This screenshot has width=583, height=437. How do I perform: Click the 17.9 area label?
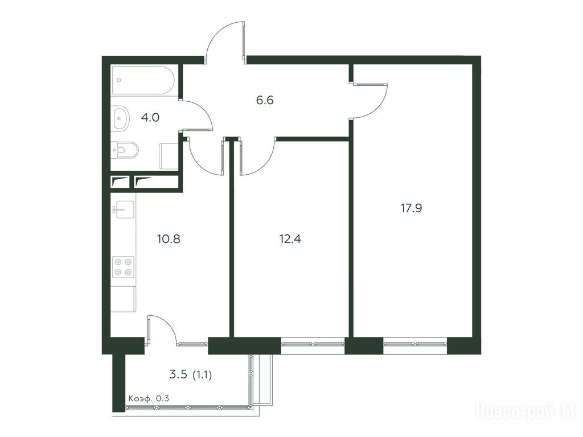(x=411, y=208)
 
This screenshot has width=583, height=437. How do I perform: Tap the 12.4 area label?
(x=290, y=238)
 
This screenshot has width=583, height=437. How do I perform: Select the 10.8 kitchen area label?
(x=169, y=238)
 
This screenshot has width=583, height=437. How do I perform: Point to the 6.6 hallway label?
(x=265, y=100)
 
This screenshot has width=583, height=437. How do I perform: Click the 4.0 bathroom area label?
(x=150, y=117)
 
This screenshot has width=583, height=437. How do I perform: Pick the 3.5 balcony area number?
(x=178, y=374)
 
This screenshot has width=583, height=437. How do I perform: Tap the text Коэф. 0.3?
(x=149, y=399)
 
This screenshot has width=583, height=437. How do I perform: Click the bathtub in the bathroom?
(x=143, y=80)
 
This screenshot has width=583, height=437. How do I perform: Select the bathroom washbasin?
(x=121, y=118)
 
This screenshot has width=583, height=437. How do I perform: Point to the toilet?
(x=125, y=150)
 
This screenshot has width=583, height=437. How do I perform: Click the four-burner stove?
(x=123, y=267)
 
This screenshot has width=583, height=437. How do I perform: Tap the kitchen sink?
(x=123, y=209)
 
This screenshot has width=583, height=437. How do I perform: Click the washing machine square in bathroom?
(x=169, y=156)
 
